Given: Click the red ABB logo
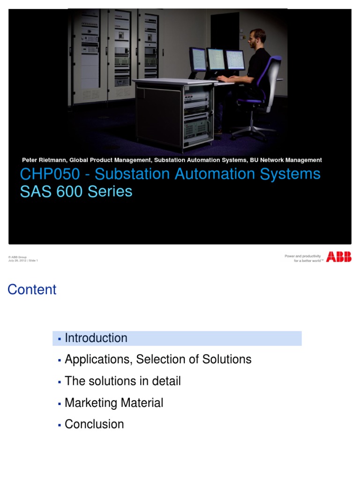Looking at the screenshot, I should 338,257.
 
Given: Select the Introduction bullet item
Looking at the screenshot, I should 96,338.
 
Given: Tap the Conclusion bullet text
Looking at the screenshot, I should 94,424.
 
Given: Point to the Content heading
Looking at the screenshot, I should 32,290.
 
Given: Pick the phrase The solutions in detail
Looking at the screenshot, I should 122,381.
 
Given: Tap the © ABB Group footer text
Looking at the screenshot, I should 18,257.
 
